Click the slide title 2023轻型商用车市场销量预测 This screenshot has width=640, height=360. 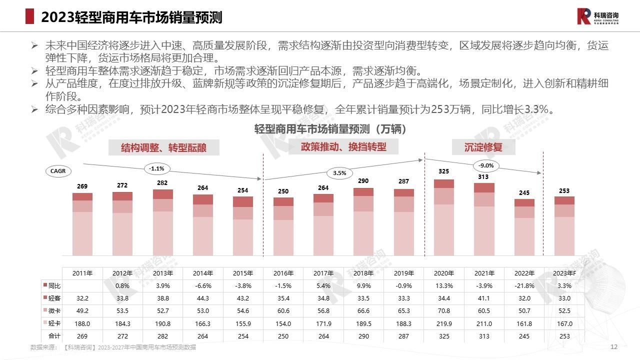point(131,17)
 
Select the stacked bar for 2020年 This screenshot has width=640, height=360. point(444,217)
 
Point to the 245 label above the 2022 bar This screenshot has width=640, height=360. point(524,192)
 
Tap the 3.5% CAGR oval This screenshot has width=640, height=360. point(339,173)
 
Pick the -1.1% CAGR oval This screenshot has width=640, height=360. point(156,168)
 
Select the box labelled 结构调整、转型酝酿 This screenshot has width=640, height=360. point(163,147)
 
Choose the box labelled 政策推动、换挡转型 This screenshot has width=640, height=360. point(343,146)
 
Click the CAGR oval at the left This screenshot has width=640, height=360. point(58,171)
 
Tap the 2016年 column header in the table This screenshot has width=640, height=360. point(283,273)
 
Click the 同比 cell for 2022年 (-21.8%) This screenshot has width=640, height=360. point(524,286)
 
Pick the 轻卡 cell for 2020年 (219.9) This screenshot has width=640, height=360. point(444,323)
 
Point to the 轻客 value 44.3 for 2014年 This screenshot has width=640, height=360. point(203,298)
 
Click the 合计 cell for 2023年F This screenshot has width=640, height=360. point(564,336)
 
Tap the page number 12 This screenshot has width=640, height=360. point(614,347)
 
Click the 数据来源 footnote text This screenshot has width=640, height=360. point(113,347)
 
